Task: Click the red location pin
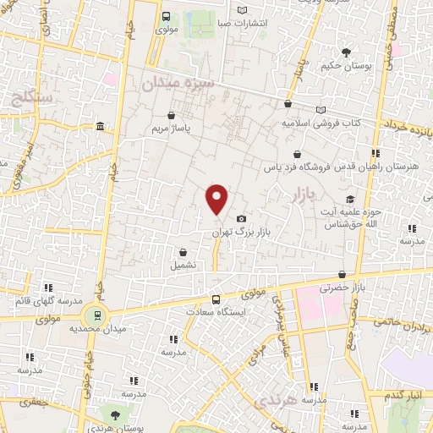217,200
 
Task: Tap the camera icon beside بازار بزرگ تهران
242,218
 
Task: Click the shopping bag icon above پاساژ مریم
173,116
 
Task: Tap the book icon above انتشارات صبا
243,10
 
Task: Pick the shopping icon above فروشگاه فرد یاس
296,155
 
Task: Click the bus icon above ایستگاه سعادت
216,299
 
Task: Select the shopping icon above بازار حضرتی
342,275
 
